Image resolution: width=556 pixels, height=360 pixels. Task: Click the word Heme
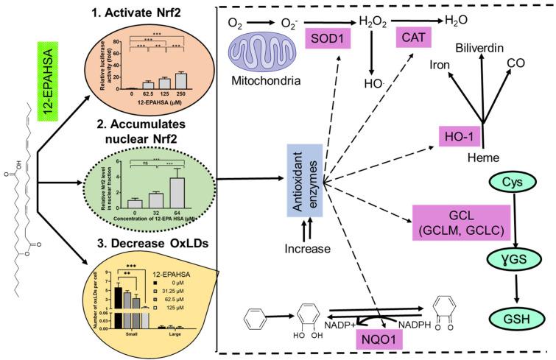coord(485,158)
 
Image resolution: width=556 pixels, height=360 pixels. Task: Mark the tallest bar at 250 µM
coord(180,79)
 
